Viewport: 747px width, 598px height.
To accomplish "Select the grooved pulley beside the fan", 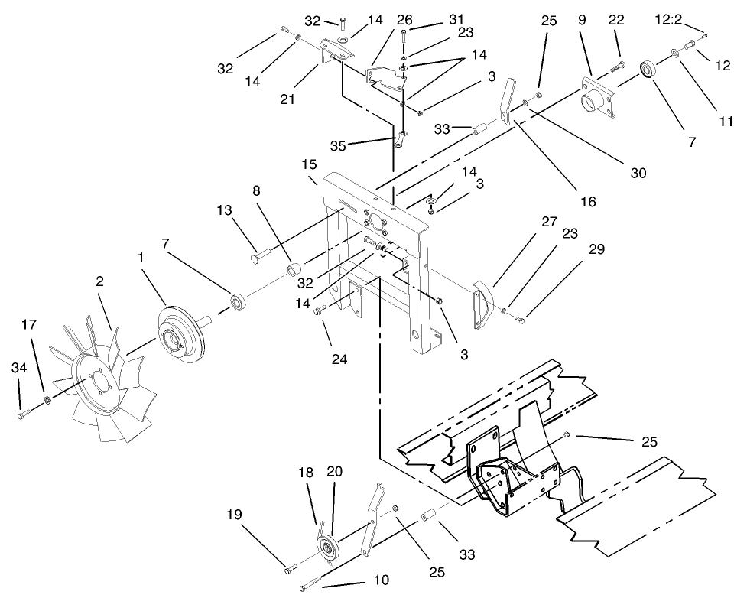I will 180,335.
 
